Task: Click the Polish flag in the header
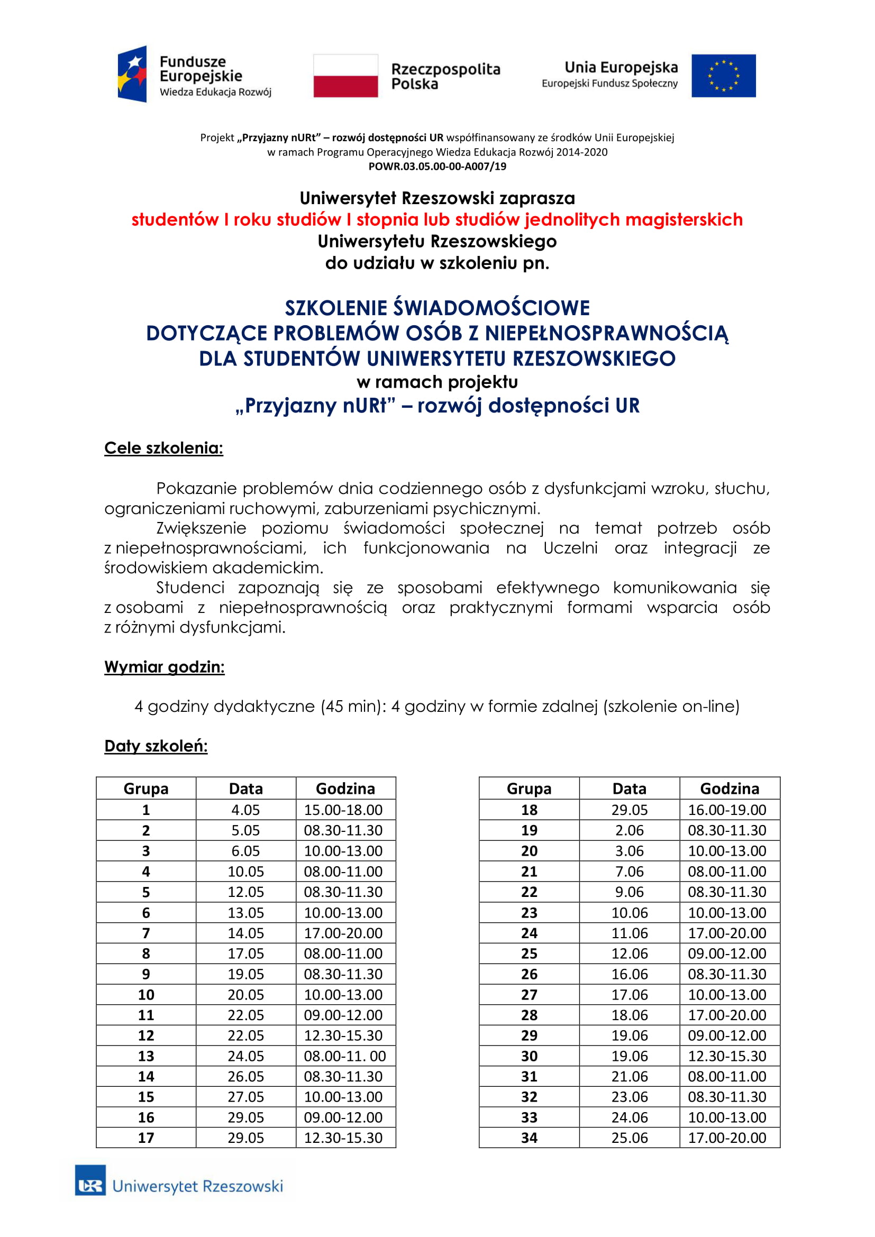tap(345, 76)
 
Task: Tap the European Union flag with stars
tap(723, 76)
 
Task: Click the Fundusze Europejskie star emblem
tap(133, 74)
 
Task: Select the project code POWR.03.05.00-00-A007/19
tap(437, 167)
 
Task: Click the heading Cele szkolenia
tap(164, 448)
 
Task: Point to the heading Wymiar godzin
tap(165, 667)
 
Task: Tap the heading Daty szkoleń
tap(156, 746)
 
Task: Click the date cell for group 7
tap(245, 933)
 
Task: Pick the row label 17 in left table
tap(146, 1138)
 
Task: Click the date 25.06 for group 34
tap(630, 1138)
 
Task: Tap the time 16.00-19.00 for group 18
tap(727, 810)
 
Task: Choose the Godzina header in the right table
tap(729, 789)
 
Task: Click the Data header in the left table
tap(245, 789)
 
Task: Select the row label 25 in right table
tap(529, 954)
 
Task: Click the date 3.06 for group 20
tap(630, 851)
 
